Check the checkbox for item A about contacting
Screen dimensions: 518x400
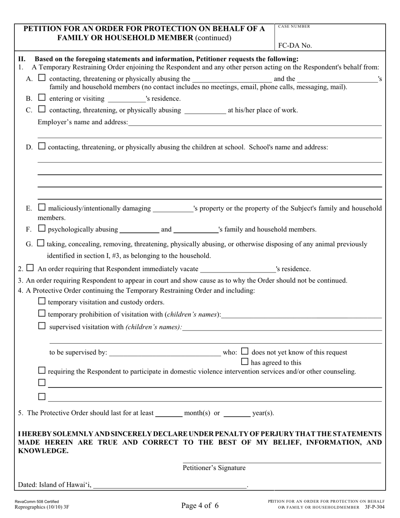42,77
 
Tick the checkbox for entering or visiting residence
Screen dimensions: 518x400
42,98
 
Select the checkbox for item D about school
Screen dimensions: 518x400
42,147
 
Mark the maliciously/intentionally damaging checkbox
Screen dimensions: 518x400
42,207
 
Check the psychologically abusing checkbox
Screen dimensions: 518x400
42,229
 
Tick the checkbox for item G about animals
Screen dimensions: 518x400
40,243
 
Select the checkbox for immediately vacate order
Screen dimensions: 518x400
30,268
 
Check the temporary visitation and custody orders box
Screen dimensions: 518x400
42,301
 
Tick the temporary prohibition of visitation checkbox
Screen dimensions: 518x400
42,313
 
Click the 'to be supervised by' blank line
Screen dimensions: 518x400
165,353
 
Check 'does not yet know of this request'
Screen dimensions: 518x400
245,351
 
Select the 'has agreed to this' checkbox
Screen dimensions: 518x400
245,361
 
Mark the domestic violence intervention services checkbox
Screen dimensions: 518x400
42,371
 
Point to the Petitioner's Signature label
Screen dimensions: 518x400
214,468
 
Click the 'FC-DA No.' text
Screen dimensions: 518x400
295,45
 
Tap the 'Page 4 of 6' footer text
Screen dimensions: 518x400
200,505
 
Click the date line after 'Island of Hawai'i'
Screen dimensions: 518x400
170,486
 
